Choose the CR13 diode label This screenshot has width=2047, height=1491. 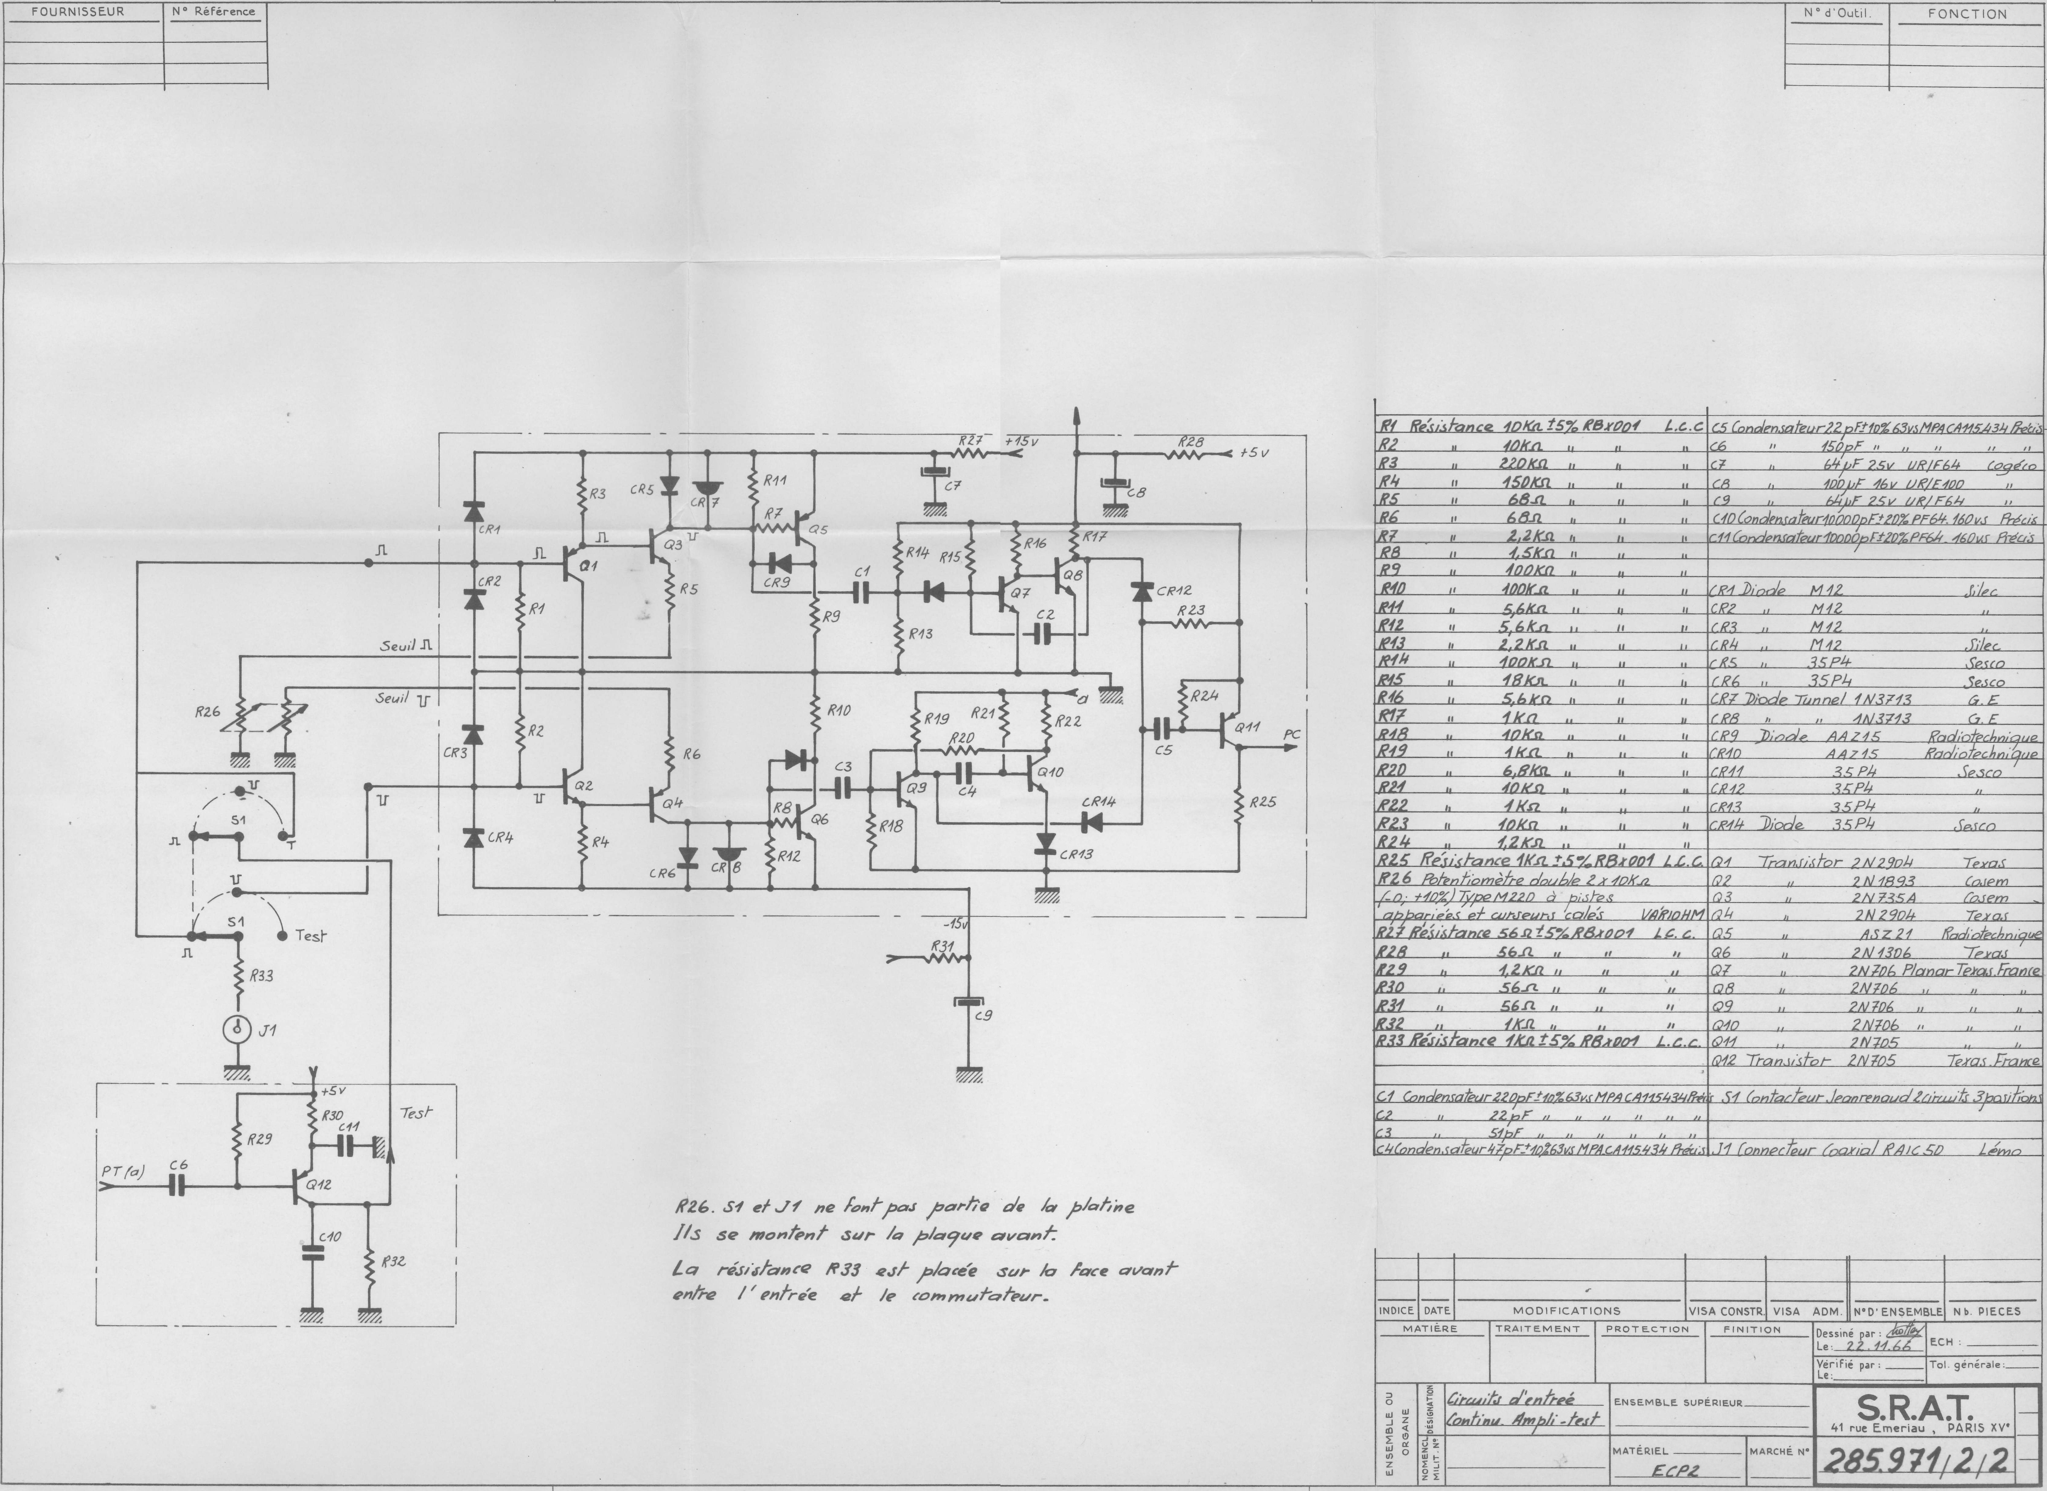click(1076, 854)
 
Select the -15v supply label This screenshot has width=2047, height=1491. click(954, 925)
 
